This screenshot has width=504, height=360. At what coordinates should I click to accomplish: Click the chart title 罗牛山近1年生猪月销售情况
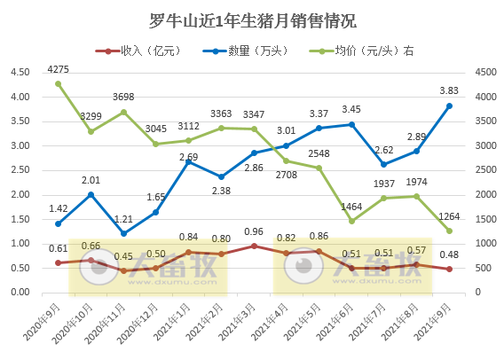(x=252, y=20)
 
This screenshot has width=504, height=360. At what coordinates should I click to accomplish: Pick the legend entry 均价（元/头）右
(x=360, y=51)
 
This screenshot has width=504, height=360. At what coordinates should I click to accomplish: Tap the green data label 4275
(x=59, y=68)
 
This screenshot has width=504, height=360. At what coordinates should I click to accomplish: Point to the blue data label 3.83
(x=450, y=90)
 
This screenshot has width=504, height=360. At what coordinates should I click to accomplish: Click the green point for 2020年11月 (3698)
(x=123, y=112)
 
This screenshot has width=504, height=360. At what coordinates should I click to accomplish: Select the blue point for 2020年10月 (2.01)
(x=91, y=194)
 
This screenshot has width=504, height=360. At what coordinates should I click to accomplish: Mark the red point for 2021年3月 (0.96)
(x=254, y=246)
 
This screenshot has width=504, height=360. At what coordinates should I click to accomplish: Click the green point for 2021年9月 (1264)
(x=449, y=231)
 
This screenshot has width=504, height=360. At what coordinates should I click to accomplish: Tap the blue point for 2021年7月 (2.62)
(x=384, y=164)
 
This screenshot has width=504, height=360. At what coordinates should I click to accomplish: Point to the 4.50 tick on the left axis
(x=20, y=73)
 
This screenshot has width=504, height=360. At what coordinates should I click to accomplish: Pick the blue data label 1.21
(x=123, y=219)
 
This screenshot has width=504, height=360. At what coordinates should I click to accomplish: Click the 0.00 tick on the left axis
(x=20, y=292)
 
